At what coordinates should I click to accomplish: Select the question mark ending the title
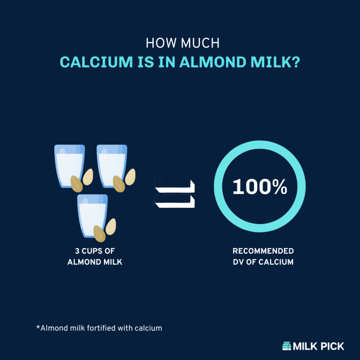coord(294,62)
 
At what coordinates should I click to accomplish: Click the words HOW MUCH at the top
coord(183,43)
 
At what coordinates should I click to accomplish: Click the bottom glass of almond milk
coord(92,215)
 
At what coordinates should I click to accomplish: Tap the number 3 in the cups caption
coord(77,251)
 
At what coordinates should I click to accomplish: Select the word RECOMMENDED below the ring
coord(263,251)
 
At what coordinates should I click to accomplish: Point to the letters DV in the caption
coord(238,262)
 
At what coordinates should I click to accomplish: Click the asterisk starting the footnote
coord(38,328)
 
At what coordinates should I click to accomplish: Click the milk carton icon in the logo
coord(286,346)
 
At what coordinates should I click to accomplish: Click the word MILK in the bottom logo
coord(306,346)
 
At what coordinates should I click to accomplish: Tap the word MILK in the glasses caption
coord(112,262)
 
